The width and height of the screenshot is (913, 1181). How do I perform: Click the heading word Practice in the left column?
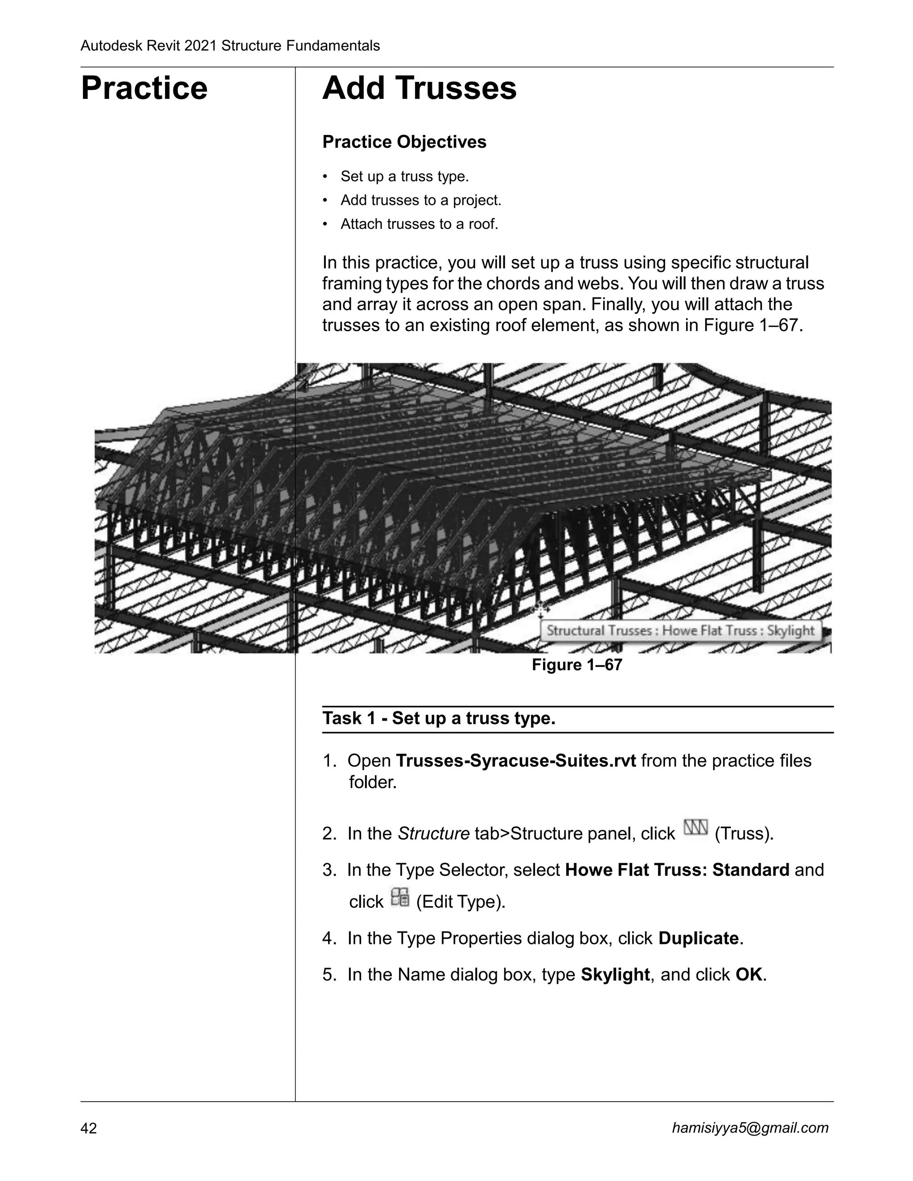(144, 88)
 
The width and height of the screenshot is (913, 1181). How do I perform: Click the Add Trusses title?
(419, 88)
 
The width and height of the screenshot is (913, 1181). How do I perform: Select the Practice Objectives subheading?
(404, 142)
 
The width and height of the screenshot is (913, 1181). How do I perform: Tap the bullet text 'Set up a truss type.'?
(405, 177)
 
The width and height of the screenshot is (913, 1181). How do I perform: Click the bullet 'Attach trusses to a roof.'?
(419, 224)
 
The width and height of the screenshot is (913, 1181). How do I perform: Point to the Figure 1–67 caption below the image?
(576, 664)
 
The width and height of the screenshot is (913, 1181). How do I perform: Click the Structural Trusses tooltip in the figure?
(680, 631)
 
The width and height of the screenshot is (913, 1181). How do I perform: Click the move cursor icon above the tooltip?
(540, 610)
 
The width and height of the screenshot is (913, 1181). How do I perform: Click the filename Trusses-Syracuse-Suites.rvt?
(515, 761)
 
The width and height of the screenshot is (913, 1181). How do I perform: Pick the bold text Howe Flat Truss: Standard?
(677, 869)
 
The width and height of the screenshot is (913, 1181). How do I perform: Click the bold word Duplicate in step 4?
(698, 938)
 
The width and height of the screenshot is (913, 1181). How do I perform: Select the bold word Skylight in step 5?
(615, 974)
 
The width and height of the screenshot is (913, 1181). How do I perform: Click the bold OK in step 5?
(749, 974)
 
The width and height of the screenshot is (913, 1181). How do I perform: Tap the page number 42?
(89, 1128)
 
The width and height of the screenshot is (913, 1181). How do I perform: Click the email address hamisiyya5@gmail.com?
(750, 1128)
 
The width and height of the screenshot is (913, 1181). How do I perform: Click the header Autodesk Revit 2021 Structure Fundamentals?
(230, 46)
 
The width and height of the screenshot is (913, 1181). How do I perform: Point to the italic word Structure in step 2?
(433, 834)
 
